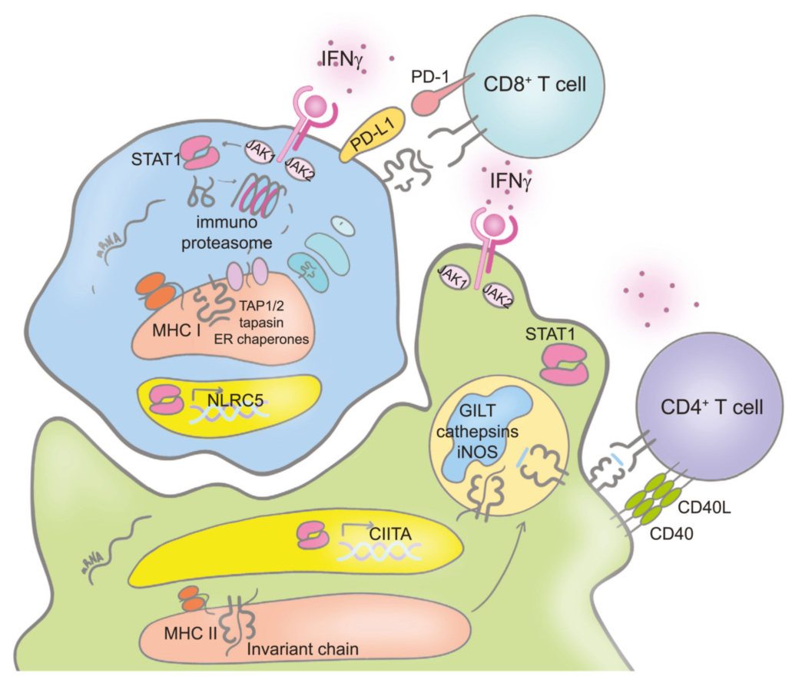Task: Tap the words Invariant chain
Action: (x=303, y=648)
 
